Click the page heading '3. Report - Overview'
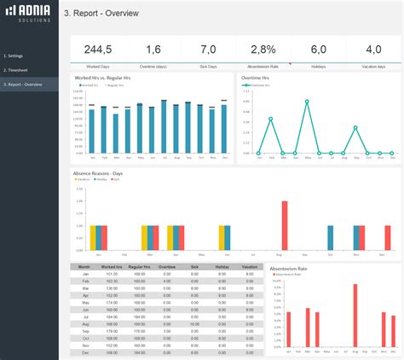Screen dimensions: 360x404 coord(101,14)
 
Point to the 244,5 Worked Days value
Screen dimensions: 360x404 coord(98,49)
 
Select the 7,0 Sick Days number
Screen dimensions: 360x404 coord(209,49)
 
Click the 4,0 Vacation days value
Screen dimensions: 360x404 coord(373,49)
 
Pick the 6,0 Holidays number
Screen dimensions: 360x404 coord(319,49)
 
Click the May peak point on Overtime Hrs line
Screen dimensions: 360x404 coord(308,100)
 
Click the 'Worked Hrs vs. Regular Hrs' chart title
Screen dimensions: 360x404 coord(99,78)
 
